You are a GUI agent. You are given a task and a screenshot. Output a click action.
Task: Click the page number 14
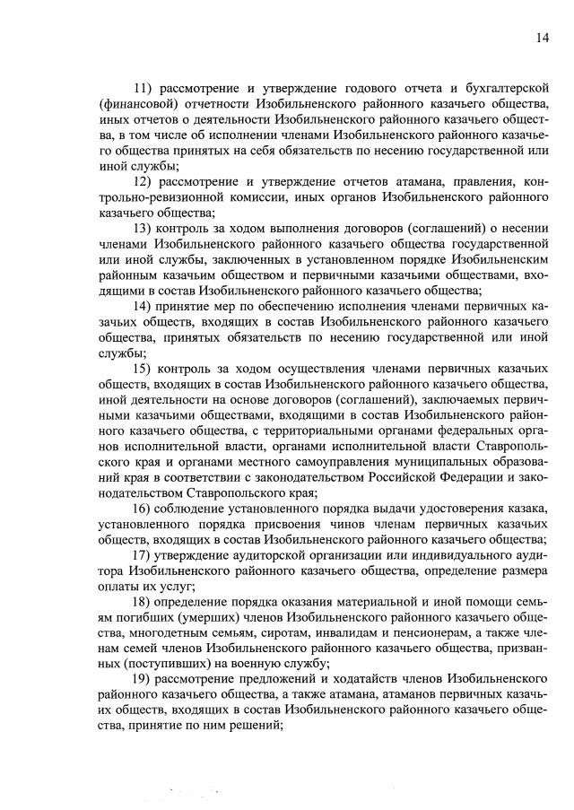point(543,37)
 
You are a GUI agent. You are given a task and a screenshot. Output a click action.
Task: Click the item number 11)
point(145,87)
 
